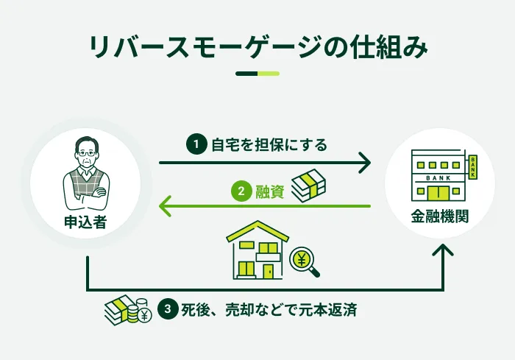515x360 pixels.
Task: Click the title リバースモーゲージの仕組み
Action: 258,46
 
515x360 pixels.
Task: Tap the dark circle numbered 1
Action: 196,144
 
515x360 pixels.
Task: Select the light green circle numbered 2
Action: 241,191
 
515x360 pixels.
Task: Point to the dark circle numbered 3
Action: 168,309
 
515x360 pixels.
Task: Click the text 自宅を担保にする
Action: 269,145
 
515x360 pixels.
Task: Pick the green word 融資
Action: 270,191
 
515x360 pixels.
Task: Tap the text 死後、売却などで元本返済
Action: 269,310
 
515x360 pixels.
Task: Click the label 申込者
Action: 85,222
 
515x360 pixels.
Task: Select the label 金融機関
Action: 440,216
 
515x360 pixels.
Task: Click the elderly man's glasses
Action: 87,154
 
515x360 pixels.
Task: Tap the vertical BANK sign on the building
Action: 473,167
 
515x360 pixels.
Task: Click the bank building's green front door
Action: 438,194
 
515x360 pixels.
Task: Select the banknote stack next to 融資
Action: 309,186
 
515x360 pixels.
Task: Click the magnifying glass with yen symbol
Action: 304,262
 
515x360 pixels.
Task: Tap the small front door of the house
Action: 268,272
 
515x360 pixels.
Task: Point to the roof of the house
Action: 257,232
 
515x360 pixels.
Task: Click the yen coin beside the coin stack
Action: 144,316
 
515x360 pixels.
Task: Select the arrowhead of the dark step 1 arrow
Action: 365,163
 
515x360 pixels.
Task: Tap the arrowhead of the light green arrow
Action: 165,206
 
